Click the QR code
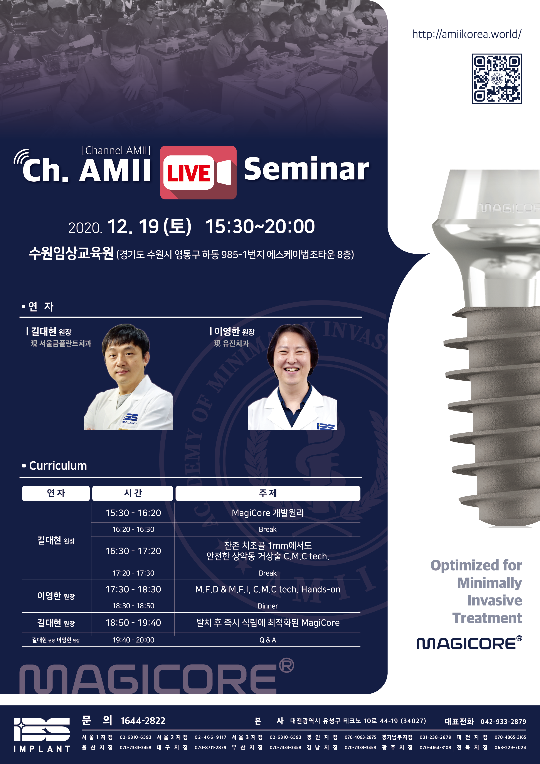[497, 79]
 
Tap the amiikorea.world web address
[466, 34]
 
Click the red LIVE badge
[198, 172]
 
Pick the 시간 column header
[132, 493]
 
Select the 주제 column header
[268, 493]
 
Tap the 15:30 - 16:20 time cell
[133, 513]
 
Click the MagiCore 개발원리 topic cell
[268, 513]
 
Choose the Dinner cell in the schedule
[268, 606]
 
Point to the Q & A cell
[268, 640]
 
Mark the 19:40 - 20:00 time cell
[133, 640]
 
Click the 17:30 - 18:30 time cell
[133, 589]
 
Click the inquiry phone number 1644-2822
[143, 721]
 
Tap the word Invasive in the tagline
[495, 600]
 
